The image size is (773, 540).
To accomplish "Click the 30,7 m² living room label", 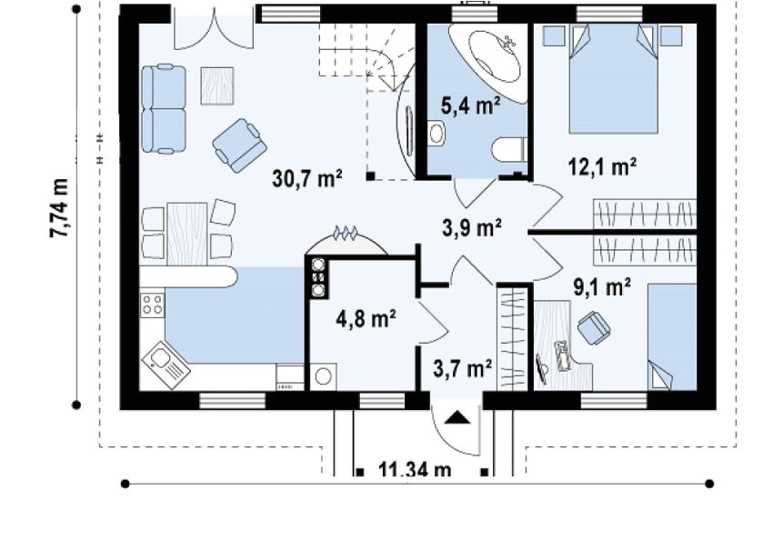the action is coord(307,179).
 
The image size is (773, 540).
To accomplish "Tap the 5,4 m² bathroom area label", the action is coord(470,105).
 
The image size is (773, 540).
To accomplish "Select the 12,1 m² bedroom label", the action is coord(602,167).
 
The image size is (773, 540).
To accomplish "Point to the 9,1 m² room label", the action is coord(602,286).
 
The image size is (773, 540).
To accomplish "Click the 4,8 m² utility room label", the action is coord(366,319).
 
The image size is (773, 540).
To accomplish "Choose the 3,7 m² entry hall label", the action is coord(462,368).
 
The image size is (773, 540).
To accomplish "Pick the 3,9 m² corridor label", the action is coord(472,228).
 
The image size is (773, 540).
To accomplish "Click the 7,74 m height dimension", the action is coord(59,208).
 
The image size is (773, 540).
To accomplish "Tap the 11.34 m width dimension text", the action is coord(415,469).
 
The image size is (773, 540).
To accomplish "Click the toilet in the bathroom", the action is coord(508,150).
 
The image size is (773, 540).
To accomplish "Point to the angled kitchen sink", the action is coord(166,365).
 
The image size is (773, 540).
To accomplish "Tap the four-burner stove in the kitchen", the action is coord(152,305).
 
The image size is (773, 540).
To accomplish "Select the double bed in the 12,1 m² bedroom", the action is coord(614,79).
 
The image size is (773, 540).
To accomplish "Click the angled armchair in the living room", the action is coord(239,145).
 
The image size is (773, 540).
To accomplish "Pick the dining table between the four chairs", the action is coord(186,234).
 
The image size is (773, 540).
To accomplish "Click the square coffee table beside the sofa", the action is coord(217,85).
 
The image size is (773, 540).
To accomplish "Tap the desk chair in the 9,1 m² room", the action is coord(594,327).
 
